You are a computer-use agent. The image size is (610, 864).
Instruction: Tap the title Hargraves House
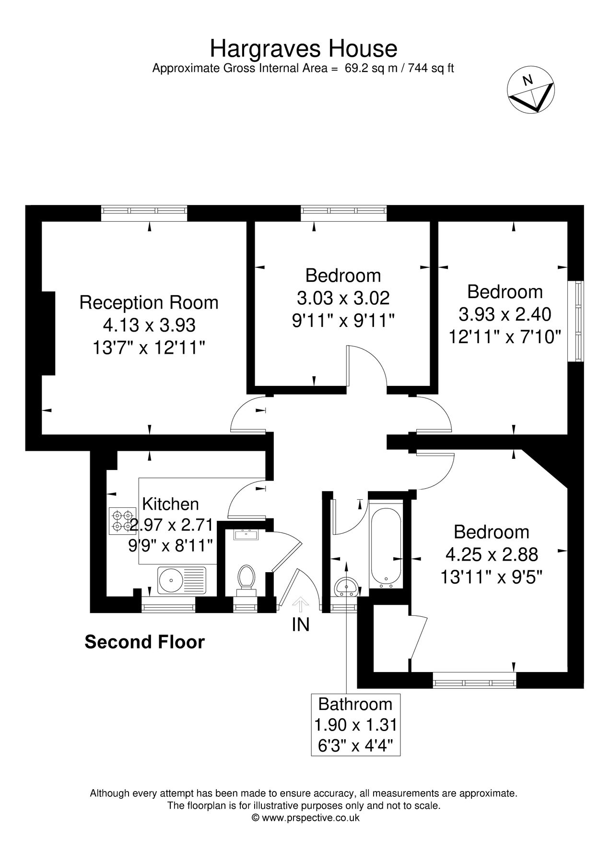click(304, 49)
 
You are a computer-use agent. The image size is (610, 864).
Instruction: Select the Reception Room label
click(149, 302)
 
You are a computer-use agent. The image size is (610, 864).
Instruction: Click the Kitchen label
click(171, 504)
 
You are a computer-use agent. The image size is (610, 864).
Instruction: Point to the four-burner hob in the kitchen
click(121, 521)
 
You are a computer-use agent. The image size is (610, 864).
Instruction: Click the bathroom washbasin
click(345, 586)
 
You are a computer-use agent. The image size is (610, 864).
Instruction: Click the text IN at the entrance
click(301, 624)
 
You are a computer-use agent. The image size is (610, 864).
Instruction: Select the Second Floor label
click(144, 642)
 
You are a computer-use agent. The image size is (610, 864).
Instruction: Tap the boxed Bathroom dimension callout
click(355, 725)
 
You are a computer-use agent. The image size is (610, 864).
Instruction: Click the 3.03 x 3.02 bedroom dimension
click(343, 298)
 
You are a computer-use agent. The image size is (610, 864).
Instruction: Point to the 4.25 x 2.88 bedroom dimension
click(492, 555)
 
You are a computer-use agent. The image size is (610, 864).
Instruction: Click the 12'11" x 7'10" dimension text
click(504, 336)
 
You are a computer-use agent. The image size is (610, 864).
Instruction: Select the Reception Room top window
click(144, 213)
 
